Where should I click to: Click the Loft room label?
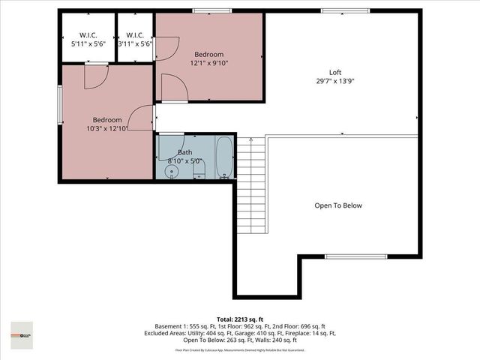pos(336,72)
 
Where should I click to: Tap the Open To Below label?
pos(337,205)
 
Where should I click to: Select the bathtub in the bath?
pos(224,157)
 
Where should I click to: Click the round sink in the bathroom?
pos(171,172)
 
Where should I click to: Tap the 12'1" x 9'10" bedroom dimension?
pos(209,64)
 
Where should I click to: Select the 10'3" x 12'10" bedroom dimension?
pos(107,129)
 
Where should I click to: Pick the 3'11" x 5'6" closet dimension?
pos(135,44)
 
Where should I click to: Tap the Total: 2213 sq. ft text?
pos(240,319)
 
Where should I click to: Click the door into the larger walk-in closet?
pos(96,77)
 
